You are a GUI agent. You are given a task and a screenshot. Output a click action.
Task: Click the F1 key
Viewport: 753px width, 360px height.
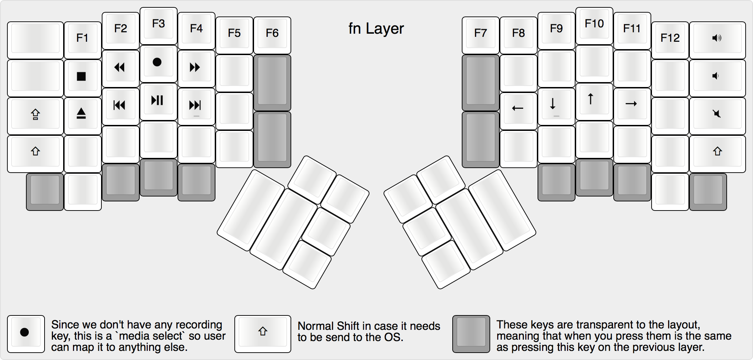coord(82,38)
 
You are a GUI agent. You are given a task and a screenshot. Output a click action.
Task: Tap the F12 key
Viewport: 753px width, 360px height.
coord(670,38)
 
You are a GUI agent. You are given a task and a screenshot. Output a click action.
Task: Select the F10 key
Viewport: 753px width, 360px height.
coord(594,24)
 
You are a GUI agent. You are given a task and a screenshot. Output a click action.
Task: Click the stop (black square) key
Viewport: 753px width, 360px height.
coord(81,76)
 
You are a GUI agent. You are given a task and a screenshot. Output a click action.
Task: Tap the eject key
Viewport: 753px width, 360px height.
coord(81,114)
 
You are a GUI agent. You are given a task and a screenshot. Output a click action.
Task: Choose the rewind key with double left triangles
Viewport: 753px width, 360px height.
coord(120,67)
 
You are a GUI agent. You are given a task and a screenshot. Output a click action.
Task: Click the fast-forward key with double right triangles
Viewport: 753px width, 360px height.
coord(195,67)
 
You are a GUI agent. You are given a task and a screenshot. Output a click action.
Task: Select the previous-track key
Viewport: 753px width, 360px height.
coord(120,105)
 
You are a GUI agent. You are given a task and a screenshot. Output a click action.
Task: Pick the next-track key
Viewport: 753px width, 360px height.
coord(195,105)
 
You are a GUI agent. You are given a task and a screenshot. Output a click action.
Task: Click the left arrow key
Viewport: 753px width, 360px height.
coord(518,108)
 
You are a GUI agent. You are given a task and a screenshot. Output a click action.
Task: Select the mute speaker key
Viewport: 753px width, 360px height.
coord(717,114)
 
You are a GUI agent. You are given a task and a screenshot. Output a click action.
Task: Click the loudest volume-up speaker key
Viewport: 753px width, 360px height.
coord(717,38)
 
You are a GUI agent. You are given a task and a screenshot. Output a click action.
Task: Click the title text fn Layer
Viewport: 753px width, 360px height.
coord(376,29)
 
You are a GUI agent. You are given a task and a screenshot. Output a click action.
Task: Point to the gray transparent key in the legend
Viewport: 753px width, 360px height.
coord(471,334)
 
